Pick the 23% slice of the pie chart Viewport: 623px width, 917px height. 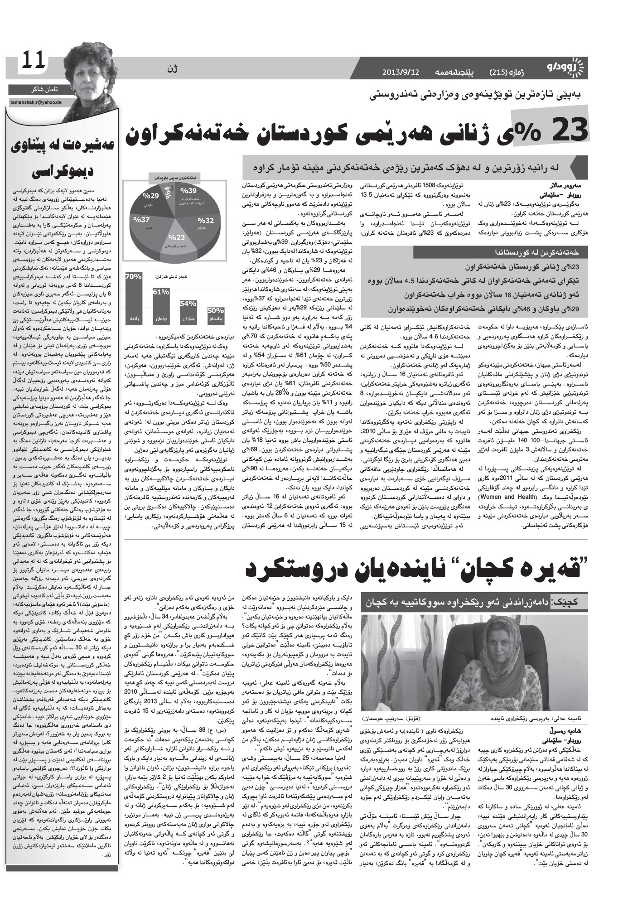point(177,238)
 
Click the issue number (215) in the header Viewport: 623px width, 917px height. point(499,72)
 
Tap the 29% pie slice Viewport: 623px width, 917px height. point(149,197)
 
